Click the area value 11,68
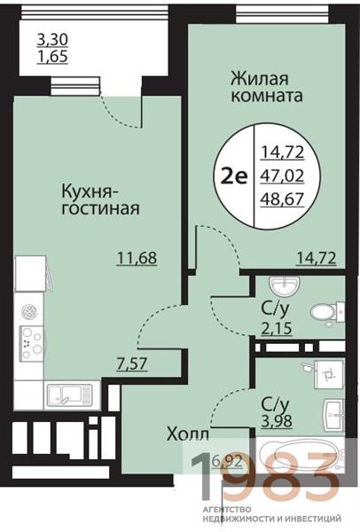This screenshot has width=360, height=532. click(x=137, y=258)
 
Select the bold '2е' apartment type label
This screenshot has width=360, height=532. click(x=234, y=175)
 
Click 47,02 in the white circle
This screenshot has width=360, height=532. click(x=278, y=176)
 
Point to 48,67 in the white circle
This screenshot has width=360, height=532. click(x=278, y=195)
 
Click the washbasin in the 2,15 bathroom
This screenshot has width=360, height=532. click(x=286, y=285)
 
